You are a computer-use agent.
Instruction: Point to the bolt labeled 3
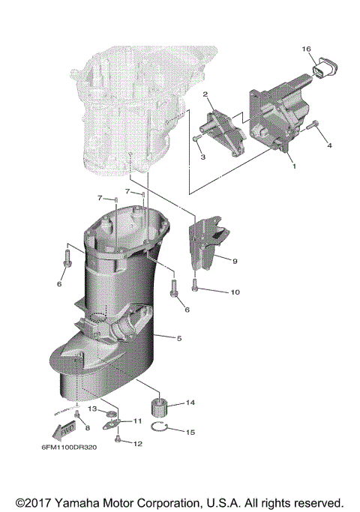[x=196, y=139]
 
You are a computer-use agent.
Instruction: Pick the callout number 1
[x=294, y=166]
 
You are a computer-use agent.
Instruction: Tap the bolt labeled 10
[x=195, y=285]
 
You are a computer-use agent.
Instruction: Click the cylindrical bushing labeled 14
[x=158, y=409]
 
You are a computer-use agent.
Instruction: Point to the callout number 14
[x=190, y=403]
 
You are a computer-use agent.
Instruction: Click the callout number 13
[x=92, y=409]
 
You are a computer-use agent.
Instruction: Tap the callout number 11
[x=137, y=421]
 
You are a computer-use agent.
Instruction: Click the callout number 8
[x=86, y=427]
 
